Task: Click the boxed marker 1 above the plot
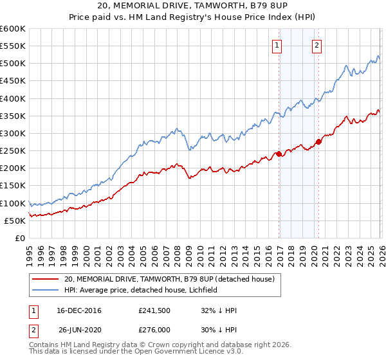(x=277, y=45)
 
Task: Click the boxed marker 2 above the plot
(x=318, y=45)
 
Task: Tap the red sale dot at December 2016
(x=278, y=154)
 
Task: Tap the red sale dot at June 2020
(x=318, y=141)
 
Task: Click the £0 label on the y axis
(x=21, y=238)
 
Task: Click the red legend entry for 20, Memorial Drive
(x=170, y=279)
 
